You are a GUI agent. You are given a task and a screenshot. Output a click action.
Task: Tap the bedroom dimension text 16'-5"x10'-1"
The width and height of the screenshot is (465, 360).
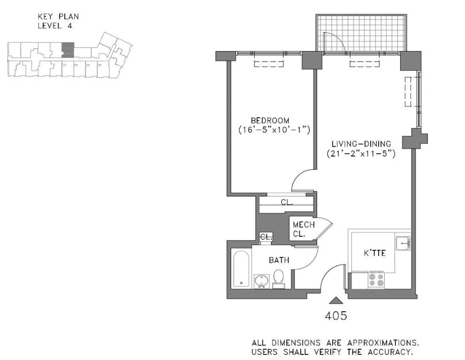click(274, 129)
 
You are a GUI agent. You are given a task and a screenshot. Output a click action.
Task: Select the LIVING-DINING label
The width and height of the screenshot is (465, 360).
click(361, 143)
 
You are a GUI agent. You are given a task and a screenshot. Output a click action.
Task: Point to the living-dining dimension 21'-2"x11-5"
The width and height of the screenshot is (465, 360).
click(361, 153)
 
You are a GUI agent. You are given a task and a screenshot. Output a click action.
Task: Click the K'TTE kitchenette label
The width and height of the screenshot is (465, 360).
click(375, 253)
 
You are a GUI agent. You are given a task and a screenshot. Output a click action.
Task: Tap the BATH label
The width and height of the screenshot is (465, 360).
click(279, 260)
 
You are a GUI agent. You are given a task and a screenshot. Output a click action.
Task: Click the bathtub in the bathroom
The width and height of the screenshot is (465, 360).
click(240, 269)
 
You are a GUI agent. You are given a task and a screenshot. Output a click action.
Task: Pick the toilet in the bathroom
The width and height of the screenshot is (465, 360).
click(278, 277)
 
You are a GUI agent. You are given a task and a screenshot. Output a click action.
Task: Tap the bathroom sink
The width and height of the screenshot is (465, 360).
click(261, 281)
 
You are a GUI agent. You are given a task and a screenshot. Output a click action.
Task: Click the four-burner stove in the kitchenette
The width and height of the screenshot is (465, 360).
click(376, 280)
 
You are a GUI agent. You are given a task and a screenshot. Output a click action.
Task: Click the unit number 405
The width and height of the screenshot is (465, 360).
click(335, 316)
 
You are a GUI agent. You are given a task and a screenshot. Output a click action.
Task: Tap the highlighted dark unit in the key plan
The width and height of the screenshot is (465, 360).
click(68, 49)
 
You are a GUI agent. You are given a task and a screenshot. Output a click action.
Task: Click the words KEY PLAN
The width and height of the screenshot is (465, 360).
click(58, 16)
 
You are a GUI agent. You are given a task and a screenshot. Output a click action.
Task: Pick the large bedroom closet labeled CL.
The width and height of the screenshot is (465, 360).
click(287, 203)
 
